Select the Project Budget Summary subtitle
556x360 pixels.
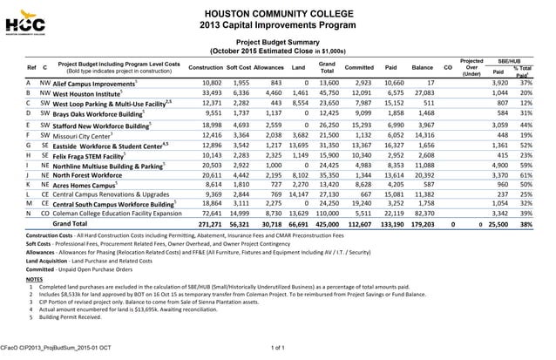coord(277,41)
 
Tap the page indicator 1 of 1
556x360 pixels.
coord(278,349)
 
